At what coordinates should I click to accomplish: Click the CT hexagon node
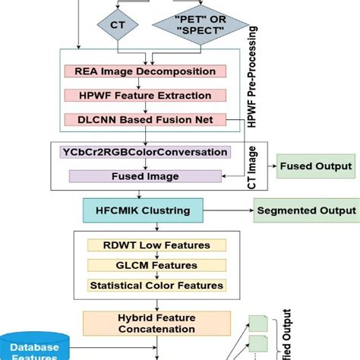pyautogui.click(x=117, y=24)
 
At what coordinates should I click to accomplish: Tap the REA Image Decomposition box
pyautogui.click(x=156, y=71)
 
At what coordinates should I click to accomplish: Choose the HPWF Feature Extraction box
pyautogui.click(x=156, y=96)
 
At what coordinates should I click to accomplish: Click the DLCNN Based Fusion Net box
pyautogui.click(x=156, y=119)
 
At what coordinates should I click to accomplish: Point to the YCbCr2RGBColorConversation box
pyautogui.click(x=145, y=152)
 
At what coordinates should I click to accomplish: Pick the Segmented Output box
pyautogui.click(x=306, y=210)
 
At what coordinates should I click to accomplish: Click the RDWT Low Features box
pyautogui.click(x=156, y=245)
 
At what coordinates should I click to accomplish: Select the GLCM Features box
pyautogui.click(x=156, y=265)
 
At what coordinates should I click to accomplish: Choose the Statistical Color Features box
pyautogui.click(x=156, y=286)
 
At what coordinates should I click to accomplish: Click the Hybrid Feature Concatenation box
pyautogui.click(x=156, y=324)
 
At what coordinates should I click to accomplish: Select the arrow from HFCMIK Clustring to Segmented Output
pyautogui.click(x=228, y=210)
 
